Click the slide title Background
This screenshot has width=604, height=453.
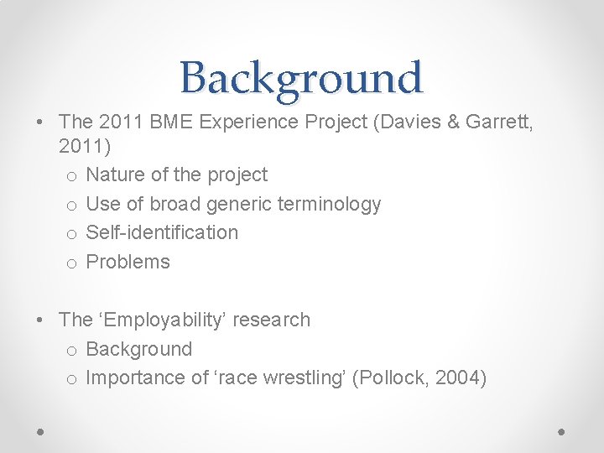301,78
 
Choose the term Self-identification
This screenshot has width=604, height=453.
162,232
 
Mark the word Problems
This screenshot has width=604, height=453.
128,262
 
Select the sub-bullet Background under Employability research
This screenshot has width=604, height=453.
138,349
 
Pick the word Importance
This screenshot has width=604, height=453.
134,377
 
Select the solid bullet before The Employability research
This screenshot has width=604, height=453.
41,320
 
